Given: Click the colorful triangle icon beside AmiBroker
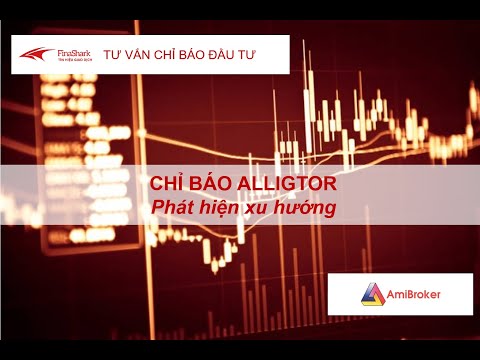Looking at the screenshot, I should [372, 295].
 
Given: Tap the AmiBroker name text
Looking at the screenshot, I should [416, 295].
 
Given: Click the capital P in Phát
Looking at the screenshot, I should [155, 208].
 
